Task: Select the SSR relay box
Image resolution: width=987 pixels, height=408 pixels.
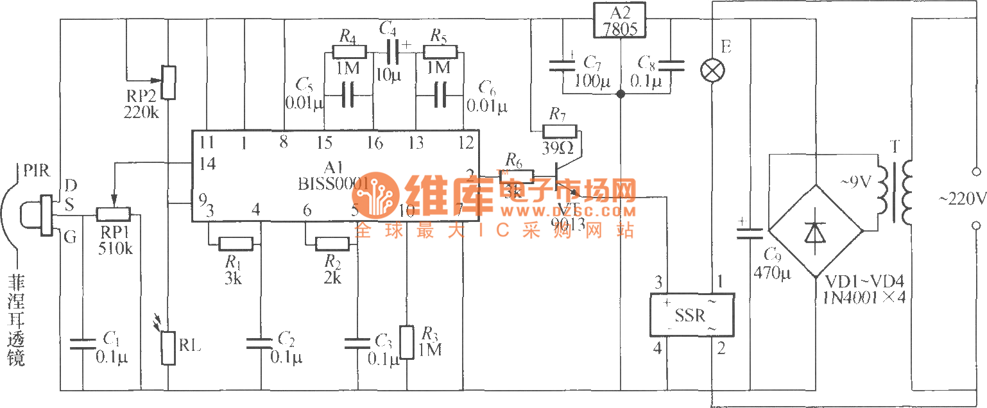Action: pyautogui.click(x=691, y=314)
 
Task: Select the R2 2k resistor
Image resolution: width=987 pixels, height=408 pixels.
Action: pyautogui.click(x=332, y=244)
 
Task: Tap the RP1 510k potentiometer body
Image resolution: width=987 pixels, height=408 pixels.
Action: pyautogui.click(x=114, y=214)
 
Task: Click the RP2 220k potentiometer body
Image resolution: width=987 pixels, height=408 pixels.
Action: pyautogui.click(x=167, y=82)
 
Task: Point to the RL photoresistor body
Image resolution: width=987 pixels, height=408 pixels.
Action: pyautogui.click(x=167, y=347)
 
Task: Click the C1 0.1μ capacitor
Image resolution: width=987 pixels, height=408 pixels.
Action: pyautogui.click(x=83, y=344)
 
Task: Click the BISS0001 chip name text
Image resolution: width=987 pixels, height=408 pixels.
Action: pyautogui.click(x=331, y=184)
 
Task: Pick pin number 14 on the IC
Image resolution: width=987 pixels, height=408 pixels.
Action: pyautogui.click(x=207, y=164)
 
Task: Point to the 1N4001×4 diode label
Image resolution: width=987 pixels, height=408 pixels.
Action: pyautogui.click(x=865, y=296)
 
